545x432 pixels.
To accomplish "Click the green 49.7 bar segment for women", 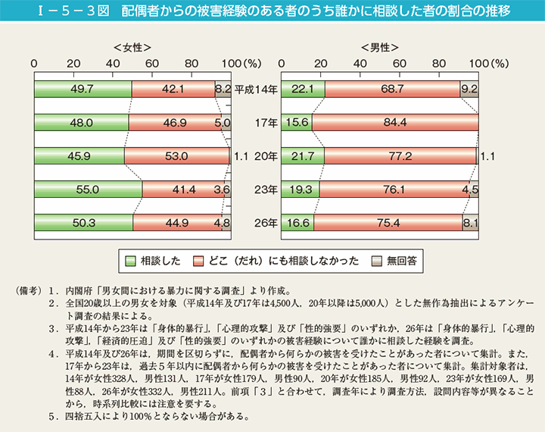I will pyautogui.click(x=83, y=89).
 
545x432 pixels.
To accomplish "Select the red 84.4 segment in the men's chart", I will pyautogui.click(x=394, y=123).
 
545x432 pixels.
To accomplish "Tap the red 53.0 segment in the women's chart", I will pyautogui.click(x=176, y=156).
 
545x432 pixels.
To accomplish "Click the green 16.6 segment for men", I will pyautogui.click(x=297, y=223).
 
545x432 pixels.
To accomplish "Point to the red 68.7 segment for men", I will pyautogui.click(x=392, y=89).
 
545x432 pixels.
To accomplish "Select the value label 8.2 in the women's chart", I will pyautogui.click(x=223, y=89).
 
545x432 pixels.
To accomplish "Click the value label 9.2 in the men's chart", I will pyautogui.click(x=469, y=89).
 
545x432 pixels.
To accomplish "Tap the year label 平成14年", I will pyautogui.click(x=256, y=89).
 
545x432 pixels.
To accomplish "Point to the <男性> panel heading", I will pyautogui.click(x=379, y=47).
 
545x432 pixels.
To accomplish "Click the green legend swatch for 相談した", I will pyautogui.click(x=129, y=260).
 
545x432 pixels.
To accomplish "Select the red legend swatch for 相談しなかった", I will pyautogui.click(x=199, y=260).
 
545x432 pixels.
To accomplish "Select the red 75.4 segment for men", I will pyautogui.click(x=388, y=223).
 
